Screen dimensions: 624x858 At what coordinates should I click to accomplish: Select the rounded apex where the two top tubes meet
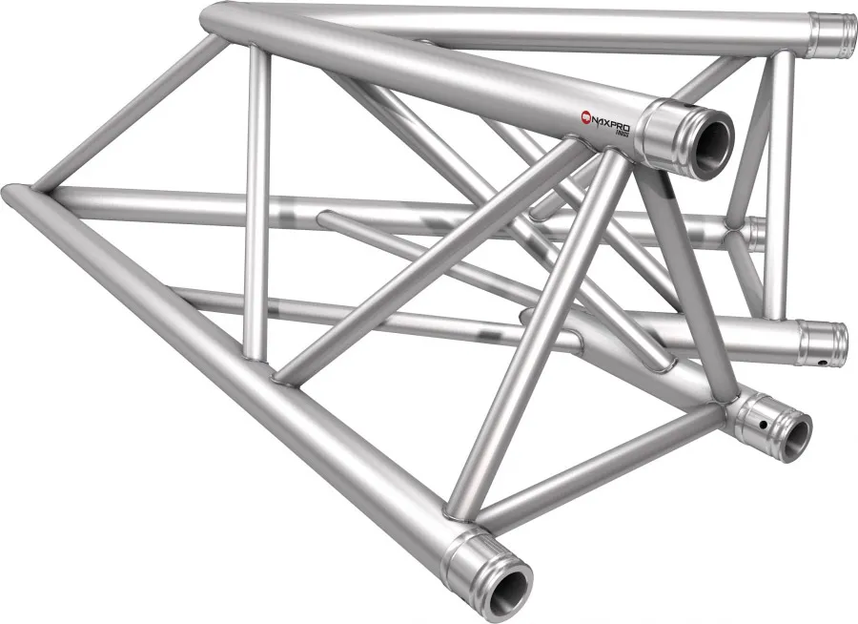point(215,16)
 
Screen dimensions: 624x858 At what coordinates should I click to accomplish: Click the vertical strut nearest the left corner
point(256,200)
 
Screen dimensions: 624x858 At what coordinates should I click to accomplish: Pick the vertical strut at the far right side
point(779,181)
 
